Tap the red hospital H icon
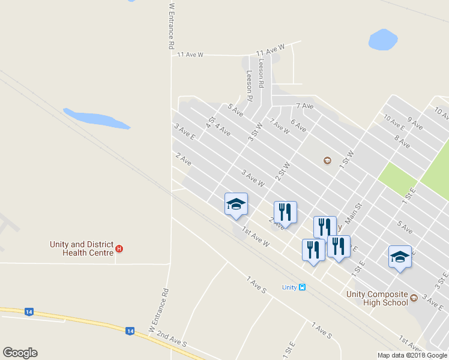[119, 249]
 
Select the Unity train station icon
[302, 287]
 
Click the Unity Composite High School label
[376, 298]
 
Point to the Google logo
[20, 353]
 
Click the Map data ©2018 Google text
[413, 355]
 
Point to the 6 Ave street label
[298, 126]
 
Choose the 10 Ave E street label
[394, 122]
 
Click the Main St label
[353, 213]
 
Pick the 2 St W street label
[283, 171]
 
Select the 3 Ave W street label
[253, 178]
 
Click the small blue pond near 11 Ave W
[382, 40]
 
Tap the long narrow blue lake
[96, 118]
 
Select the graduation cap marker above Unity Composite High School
[400, 257]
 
